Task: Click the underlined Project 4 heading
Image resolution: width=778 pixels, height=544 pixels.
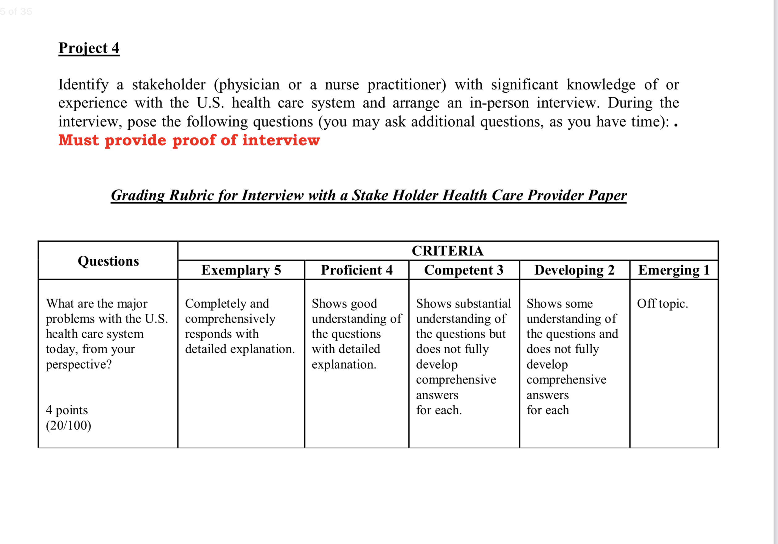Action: [x=89, y=48]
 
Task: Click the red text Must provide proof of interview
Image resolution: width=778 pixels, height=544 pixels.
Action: [x=189, y=140]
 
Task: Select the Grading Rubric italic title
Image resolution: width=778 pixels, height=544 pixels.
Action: [x=369, y=195]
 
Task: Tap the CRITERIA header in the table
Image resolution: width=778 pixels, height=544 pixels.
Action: [x=448, y=251]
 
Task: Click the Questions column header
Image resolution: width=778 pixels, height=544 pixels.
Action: [x=108, y=261]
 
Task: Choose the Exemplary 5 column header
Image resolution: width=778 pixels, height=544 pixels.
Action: [x=241, y=270]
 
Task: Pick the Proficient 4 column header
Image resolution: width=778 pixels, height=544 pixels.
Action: [x=357, y=270]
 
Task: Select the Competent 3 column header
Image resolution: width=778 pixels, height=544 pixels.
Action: [x=463, y=270]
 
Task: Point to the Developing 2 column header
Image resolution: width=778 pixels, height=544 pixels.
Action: [x=574, y=270]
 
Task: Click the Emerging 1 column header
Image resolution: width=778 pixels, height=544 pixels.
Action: [x=674, y=270]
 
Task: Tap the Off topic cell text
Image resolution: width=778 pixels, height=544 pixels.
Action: [x=662, y=303]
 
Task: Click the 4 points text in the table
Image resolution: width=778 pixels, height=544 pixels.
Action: [x=67, y=410]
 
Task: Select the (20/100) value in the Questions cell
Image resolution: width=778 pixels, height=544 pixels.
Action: [x=69, y=425]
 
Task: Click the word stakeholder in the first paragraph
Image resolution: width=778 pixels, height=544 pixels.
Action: [x=168, y=84]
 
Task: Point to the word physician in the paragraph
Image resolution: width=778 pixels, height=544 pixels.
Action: [x=246, y=84]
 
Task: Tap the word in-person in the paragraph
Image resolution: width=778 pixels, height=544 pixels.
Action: [x=499, y=103]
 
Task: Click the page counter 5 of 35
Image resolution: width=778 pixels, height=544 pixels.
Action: [x=16, y=11]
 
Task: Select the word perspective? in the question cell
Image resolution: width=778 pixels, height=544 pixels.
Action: [x=79, y=365]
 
